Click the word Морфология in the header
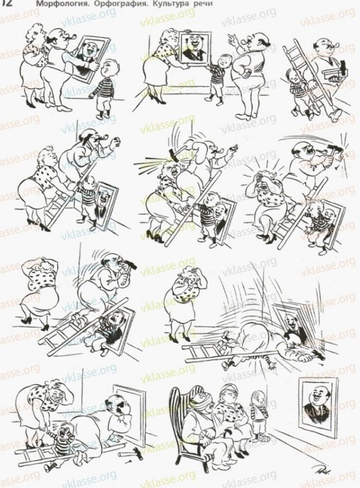54,3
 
